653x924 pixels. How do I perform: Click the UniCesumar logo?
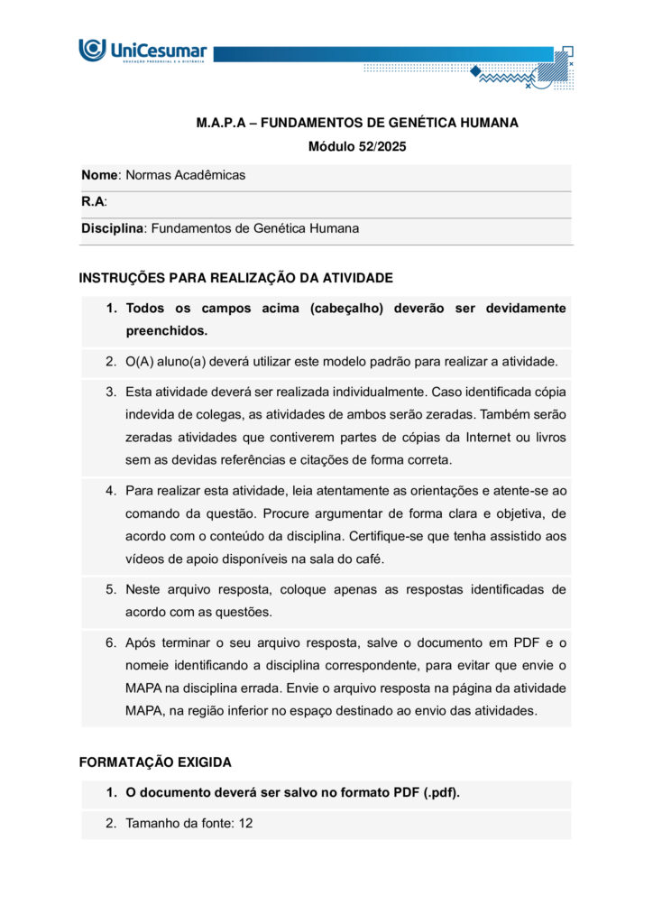tap(143, 51)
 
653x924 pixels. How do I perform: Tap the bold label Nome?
tap(99, 175)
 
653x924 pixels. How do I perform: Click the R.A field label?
tap(93, 202)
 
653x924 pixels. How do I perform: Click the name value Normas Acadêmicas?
tap(186, 175)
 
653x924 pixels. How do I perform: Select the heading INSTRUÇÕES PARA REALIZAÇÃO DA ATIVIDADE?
tap(235, 278)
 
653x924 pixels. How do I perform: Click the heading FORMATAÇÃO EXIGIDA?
tap(155, 762)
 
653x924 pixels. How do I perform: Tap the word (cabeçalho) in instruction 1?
tap(347, 309)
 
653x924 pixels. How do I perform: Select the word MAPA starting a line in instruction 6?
tap(143, 688)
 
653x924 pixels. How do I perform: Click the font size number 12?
tap(245, 823)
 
